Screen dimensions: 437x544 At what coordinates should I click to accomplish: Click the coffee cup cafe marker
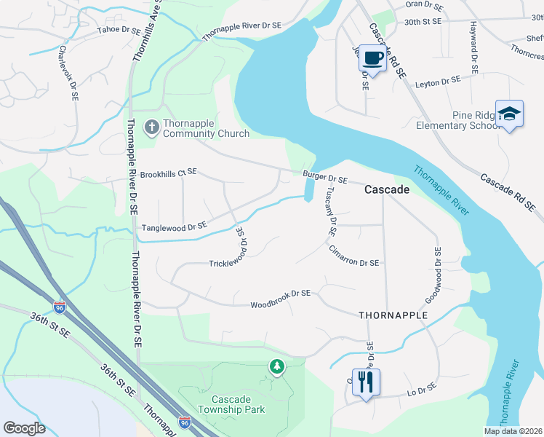(x=373, y=58)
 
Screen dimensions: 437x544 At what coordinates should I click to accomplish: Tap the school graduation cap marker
(x=509, y=114)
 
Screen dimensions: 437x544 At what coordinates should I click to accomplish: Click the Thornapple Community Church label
(x=206, y=128)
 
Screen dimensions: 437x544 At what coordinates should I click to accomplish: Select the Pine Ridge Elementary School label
(x=455, y=120)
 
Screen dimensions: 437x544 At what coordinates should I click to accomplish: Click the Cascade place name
(x=386, y=189)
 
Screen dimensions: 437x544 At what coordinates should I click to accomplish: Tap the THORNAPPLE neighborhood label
(x=393, y=315)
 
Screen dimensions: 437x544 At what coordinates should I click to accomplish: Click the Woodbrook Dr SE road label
(x=281, y=294)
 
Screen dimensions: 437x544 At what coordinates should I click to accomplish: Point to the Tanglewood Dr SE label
(x=175, y=227)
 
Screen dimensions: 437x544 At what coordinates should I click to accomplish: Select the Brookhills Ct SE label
(x=169, y=173)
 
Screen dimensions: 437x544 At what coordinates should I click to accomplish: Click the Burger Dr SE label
(x=325, y=176)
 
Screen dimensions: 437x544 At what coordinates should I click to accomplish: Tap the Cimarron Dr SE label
(x=353, y=262)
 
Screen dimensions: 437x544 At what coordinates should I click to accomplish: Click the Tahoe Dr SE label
(x=119, y=31)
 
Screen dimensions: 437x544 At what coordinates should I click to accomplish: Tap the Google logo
(x=25, y=428)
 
